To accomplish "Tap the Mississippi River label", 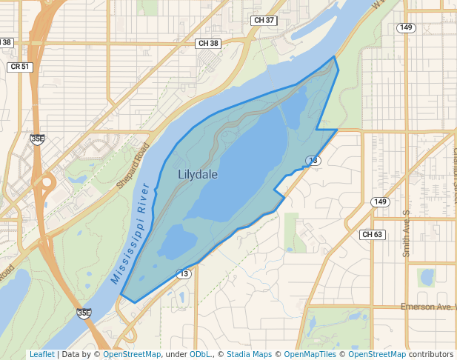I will pos(131,235).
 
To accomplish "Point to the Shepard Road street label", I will pos(133,164).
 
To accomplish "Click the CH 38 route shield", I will pos(209,44).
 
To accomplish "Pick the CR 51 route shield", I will pos(20,67).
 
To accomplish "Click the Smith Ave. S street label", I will pos(406,233).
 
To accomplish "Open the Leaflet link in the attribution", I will pos(41,355).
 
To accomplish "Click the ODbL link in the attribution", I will pos(200,355).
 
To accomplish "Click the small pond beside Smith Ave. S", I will pos(426,278).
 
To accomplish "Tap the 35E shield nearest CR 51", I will pos(37,139).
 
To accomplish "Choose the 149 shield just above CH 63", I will pos(380,202).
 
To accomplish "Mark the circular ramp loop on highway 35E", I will pos(49,181).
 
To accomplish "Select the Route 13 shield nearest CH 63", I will pos(313,160).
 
